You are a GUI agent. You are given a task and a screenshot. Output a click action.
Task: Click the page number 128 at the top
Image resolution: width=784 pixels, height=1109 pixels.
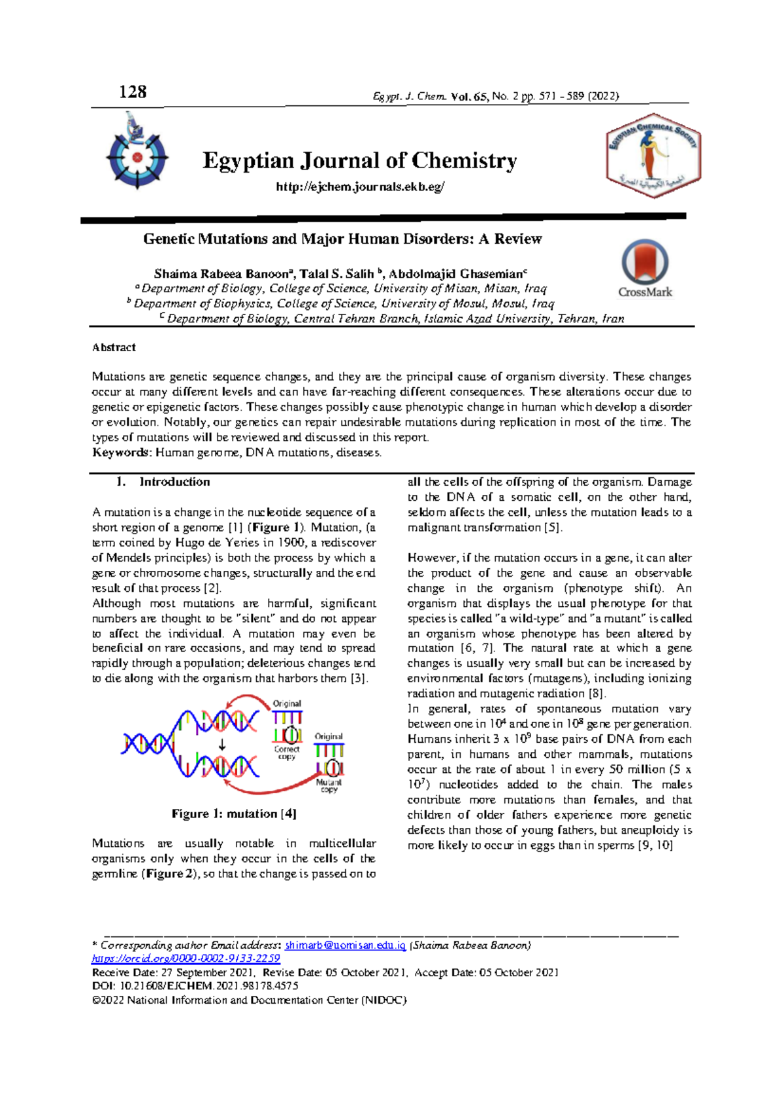tap(133, 92)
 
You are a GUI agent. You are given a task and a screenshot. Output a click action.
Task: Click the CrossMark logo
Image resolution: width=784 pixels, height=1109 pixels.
tap(645, 268)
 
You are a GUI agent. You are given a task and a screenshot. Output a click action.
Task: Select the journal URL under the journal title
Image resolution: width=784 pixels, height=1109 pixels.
tap(360, 187)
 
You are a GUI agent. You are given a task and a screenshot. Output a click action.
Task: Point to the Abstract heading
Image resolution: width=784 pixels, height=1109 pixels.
tap(114, 347)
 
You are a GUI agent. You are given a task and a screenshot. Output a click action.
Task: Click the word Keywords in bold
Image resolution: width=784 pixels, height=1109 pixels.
tap(120, 452)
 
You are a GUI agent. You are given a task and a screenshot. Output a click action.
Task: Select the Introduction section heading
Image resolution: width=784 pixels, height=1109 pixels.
tap(174, 482)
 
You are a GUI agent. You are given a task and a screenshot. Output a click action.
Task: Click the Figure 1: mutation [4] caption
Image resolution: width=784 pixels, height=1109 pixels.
tap(234, 813)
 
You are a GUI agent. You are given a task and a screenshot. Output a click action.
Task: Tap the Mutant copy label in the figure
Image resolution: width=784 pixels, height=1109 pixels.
tap(329, 785)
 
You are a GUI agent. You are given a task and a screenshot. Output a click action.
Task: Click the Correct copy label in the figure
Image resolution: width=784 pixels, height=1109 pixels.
tap(287, 753)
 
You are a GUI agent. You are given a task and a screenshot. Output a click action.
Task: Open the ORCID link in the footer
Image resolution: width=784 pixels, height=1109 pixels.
tap(186, 959)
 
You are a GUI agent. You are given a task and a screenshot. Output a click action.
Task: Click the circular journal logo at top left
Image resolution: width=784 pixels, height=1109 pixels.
tap(137, 154)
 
